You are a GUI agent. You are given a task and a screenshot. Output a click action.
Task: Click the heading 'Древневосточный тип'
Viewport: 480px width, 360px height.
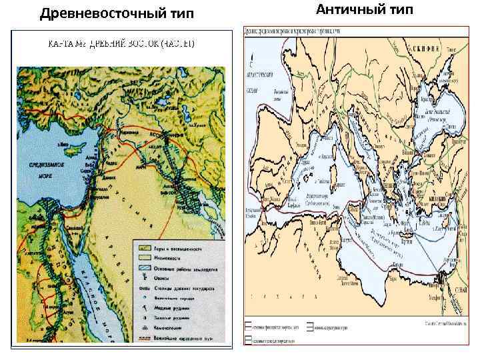(x=117, y=13)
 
